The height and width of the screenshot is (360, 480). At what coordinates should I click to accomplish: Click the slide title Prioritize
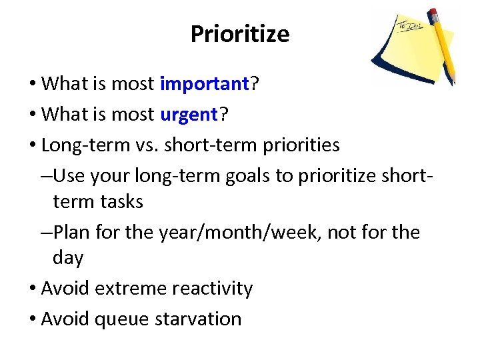240,34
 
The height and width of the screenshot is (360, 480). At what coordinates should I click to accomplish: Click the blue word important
204,84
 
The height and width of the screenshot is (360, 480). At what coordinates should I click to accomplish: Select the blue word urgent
189,115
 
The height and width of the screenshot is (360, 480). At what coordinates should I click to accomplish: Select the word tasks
119,201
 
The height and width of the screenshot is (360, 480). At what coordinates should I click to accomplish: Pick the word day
68,257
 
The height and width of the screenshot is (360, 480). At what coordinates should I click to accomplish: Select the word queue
122,319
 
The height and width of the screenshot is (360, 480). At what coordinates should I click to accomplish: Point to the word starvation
198,319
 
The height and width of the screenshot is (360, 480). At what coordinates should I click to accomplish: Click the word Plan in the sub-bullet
71,232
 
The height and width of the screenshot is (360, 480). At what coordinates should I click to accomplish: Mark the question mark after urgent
223,115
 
